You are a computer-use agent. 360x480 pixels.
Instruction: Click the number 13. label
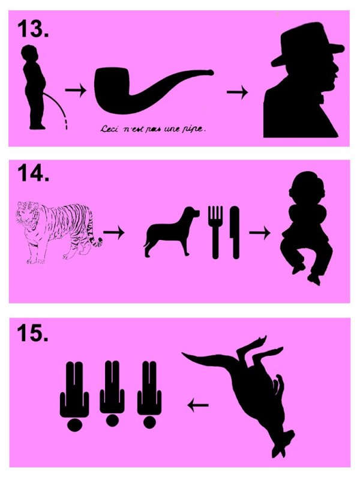click(33, 29)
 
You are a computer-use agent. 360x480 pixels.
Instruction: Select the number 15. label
click(33, 333)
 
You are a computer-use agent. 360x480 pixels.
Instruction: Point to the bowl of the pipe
click(113, 89)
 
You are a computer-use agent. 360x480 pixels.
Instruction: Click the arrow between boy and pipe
click(76, 90)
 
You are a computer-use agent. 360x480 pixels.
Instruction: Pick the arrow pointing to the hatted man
click(237, 92)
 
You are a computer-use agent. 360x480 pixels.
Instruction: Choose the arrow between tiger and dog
click(114, 233)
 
